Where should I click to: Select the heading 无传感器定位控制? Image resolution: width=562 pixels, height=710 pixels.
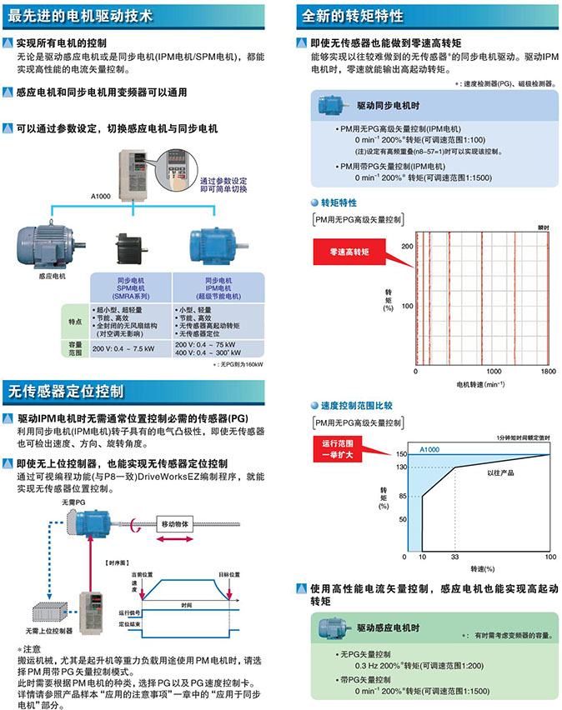point(67,390)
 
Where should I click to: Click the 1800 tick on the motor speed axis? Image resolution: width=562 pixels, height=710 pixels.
point(547,371)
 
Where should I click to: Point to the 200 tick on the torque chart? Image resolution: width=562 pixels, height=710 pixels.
point(408,247)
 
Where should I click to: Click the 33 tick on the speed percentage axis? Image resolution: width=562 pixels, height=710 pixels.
point(454,557)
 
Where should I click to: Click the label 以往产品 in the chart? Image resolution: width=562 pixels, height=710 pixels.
point(502,472)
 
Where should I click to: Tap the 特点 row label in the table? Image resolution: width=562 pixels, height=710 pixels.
point(74,320)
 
